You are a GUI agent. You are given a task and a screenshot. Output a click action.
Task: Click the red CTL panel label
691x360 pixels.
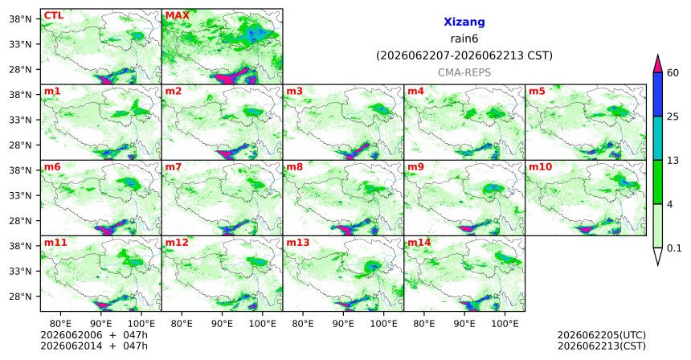coord(53,16)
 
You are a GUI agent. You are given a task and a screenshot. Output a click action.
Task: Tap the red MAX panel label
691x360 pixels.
coord(177,16)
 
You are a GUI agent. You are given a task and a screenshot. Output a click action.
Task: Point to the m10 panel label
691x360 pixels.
coord(540,167)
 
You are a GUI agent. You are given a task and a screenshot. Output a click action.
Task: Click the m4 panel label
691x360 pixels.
coord(415,92)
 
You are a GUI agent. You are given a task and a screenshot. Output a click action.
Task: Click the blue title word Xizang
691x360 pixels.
coord(464,22)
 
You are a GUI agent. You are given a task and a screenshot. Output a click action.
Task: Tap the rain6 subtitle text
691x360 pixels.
coord(464,39)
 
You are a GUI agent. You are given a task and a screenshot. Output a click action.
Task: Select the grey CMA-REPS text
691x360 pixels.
coord(464,72)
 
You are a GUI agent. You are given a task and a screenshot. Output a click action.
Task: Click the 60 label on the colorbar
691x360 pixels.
coord(673,72)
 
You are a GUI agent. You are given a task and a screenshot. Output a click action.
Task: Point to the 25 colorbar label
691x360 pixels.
coord(673,117)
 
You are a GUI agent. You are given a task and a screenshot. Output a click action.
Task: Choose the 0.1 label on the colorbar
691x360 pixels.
coord(674,248)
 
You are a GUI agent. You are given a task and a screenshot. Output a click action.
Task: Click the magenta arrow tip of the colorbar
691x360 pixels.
coord(658,55)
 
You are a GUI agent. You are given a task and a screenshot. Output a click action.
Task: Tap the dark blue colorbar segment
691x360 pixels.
coord(658,94)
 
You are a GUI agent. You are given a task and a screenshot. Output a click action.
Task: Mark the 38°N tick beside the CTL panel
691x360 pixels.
coord(20,19)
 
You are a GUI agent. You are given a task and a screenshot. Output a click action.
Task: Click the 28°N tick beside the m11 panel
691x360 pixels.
coord(20,297)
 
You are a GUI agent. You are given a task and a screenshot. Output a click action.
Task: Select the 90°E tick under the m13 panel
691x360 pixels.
coord(343,324)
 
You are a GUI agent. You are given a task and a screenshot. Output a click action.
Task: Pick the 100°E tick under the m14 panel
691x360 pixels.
coord(505,324)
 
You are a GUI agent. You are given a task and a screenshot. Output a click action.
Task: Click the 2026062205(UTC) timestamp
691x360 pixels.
coord(602,335)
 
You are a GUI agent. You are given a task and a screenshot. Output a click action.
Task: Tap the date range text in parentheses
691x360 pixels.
coord(464,56)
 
